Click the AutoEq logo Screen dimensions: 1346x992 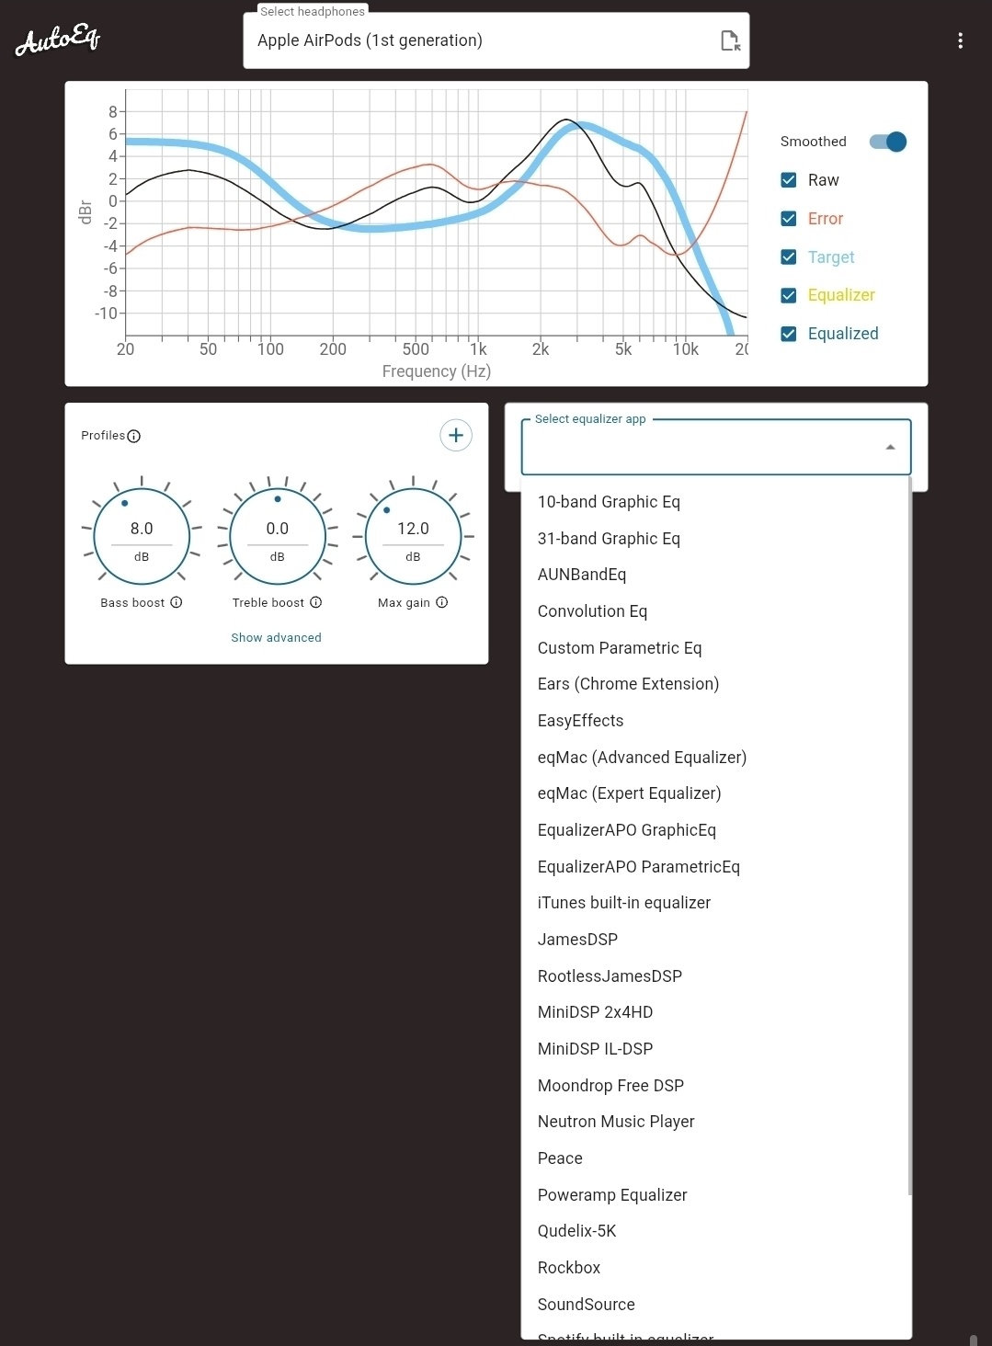click(x=58, y=40)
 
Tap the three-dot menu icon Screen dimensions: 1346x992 click(x=960, y=40)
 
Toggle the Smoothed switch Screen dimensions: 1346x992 click(x=888, y=142)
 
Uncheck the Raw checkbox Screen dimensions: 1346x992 click(x=788, y=180)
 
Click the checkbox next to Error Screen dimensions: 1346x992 click(x=788, y=219)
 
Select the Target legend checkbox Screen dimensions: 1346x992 click(x=788, y=257)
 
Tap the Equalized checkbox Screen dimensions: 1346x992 click(x=788, y=334)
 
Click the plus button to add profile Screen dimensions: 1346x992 click(x=456, y=436)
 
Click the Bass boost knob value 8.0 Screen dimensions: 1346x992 click(x=142, y=529)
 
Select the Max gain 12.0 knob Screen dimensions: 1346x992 click(x=413, y=529)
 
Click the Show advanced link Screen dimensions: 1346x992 click(x=276, y=638)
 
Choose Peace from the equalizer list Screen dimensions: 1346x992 click(x=560, y=1158)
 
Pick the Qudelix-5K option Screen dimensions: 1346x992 click(x=576, y=1231)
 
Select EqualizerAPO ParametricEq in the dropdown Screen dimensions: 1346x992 click(x=638, y=867)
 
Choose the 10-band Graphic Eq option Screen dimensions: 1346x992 click(x=609, y=502)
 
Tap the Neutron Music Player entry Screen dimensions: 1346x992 click(x=616, y=1122)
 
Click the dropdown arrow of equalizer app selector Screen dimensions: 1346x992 click(x=890, y=447)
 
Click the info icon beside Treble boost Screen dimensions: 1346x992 click(x=315, y=603)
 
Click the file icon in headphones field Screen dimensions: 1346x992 click(x=730, y=40)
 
